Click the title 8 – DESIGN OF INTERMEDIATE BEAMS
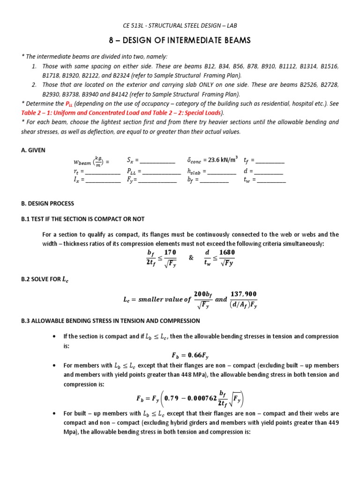[180, 41]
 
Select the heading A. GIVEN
[33, 150]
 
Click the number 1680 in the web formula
[227, 252]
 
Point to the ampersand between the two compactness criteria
[191, 257]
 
